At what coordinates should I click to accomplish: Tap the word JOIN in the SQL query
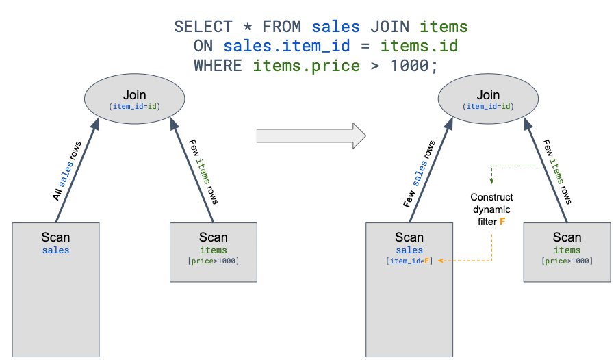coord(389,27)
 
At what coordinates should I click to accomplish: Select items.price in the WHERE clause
coord(306,66)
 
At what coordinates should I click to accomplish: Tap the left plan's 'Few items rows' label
coord(204,171)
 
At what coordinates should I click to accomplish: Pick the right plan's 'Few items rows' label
coord(557,171)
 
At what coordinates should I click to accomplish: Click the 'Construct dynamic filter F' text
coord(491,209)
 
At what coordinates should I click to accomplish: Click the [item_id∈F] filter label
coord(409,261)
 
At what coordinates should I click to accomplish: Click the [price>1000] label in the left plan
coord(213,261)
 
